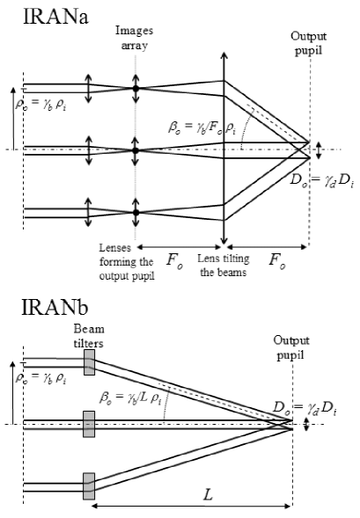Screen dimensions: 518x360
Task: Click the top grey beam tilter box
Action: point(88,363)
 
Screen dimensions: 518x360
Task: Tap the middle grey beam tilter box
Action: point(88,426)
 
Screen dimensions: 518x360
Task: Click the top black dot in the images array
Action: point(135,89)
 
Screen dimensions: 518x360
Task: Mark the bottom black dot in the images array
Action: point(135,212)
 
